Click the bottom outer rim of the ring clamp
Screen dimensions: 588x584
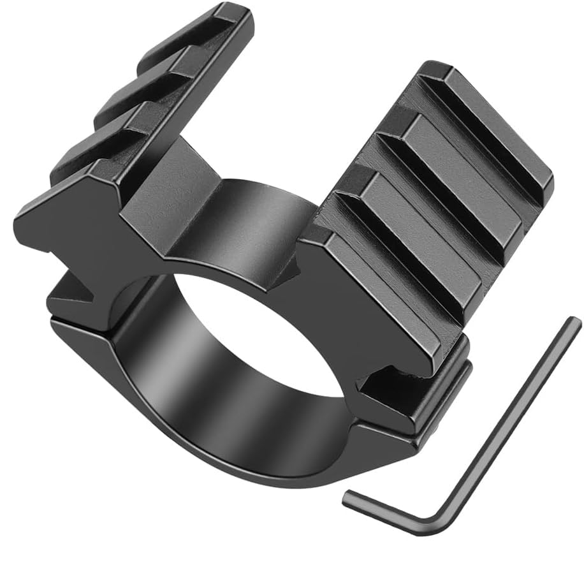(255, 472)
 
